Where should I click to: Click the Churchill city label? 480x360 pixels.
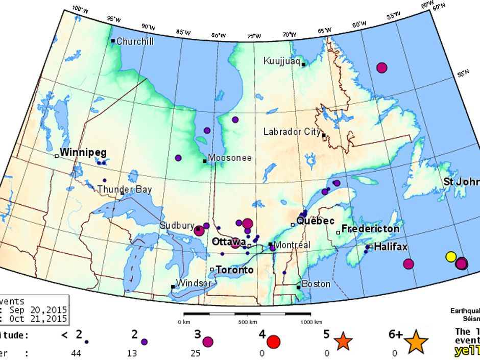pyautogui.click(x=135, y=41)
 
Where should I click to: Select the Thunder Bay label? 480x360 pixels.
pyautogui.click(x=125, y=189)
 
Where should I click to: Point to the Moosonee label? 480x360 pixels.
pyautogui.click(x=230, y=158)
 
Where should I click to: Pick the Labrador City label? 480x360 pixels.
pyautogui.click(x=292, y=132)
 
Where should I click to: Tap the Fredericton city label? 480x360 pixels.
pyautogui.click(x=370, y=229)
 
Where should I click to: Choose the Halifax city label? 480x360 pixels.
pyautogui.click(x=391, y=247)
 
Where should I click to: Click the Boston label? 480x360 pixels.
pyautogui.click(x=316, y=284)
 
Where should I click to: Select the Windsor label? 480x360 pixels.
pyautogui.click(x=193, y=283)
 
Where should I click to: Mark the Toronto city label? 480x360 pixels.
pyautogui.click(x=234, y=270)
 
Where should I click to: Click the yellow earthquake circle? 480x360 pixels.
pyautogui.click(x=451, y=256)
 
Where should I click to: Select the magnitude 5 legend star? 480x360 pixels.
pyautogui.click(x=343, y=341)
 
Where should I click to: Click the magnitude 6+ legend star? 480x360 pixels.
pyautogui.click(x=417, y=341)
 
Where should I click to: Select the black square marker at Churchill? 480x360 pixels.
pyautogui.click(x=113, y=41)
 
